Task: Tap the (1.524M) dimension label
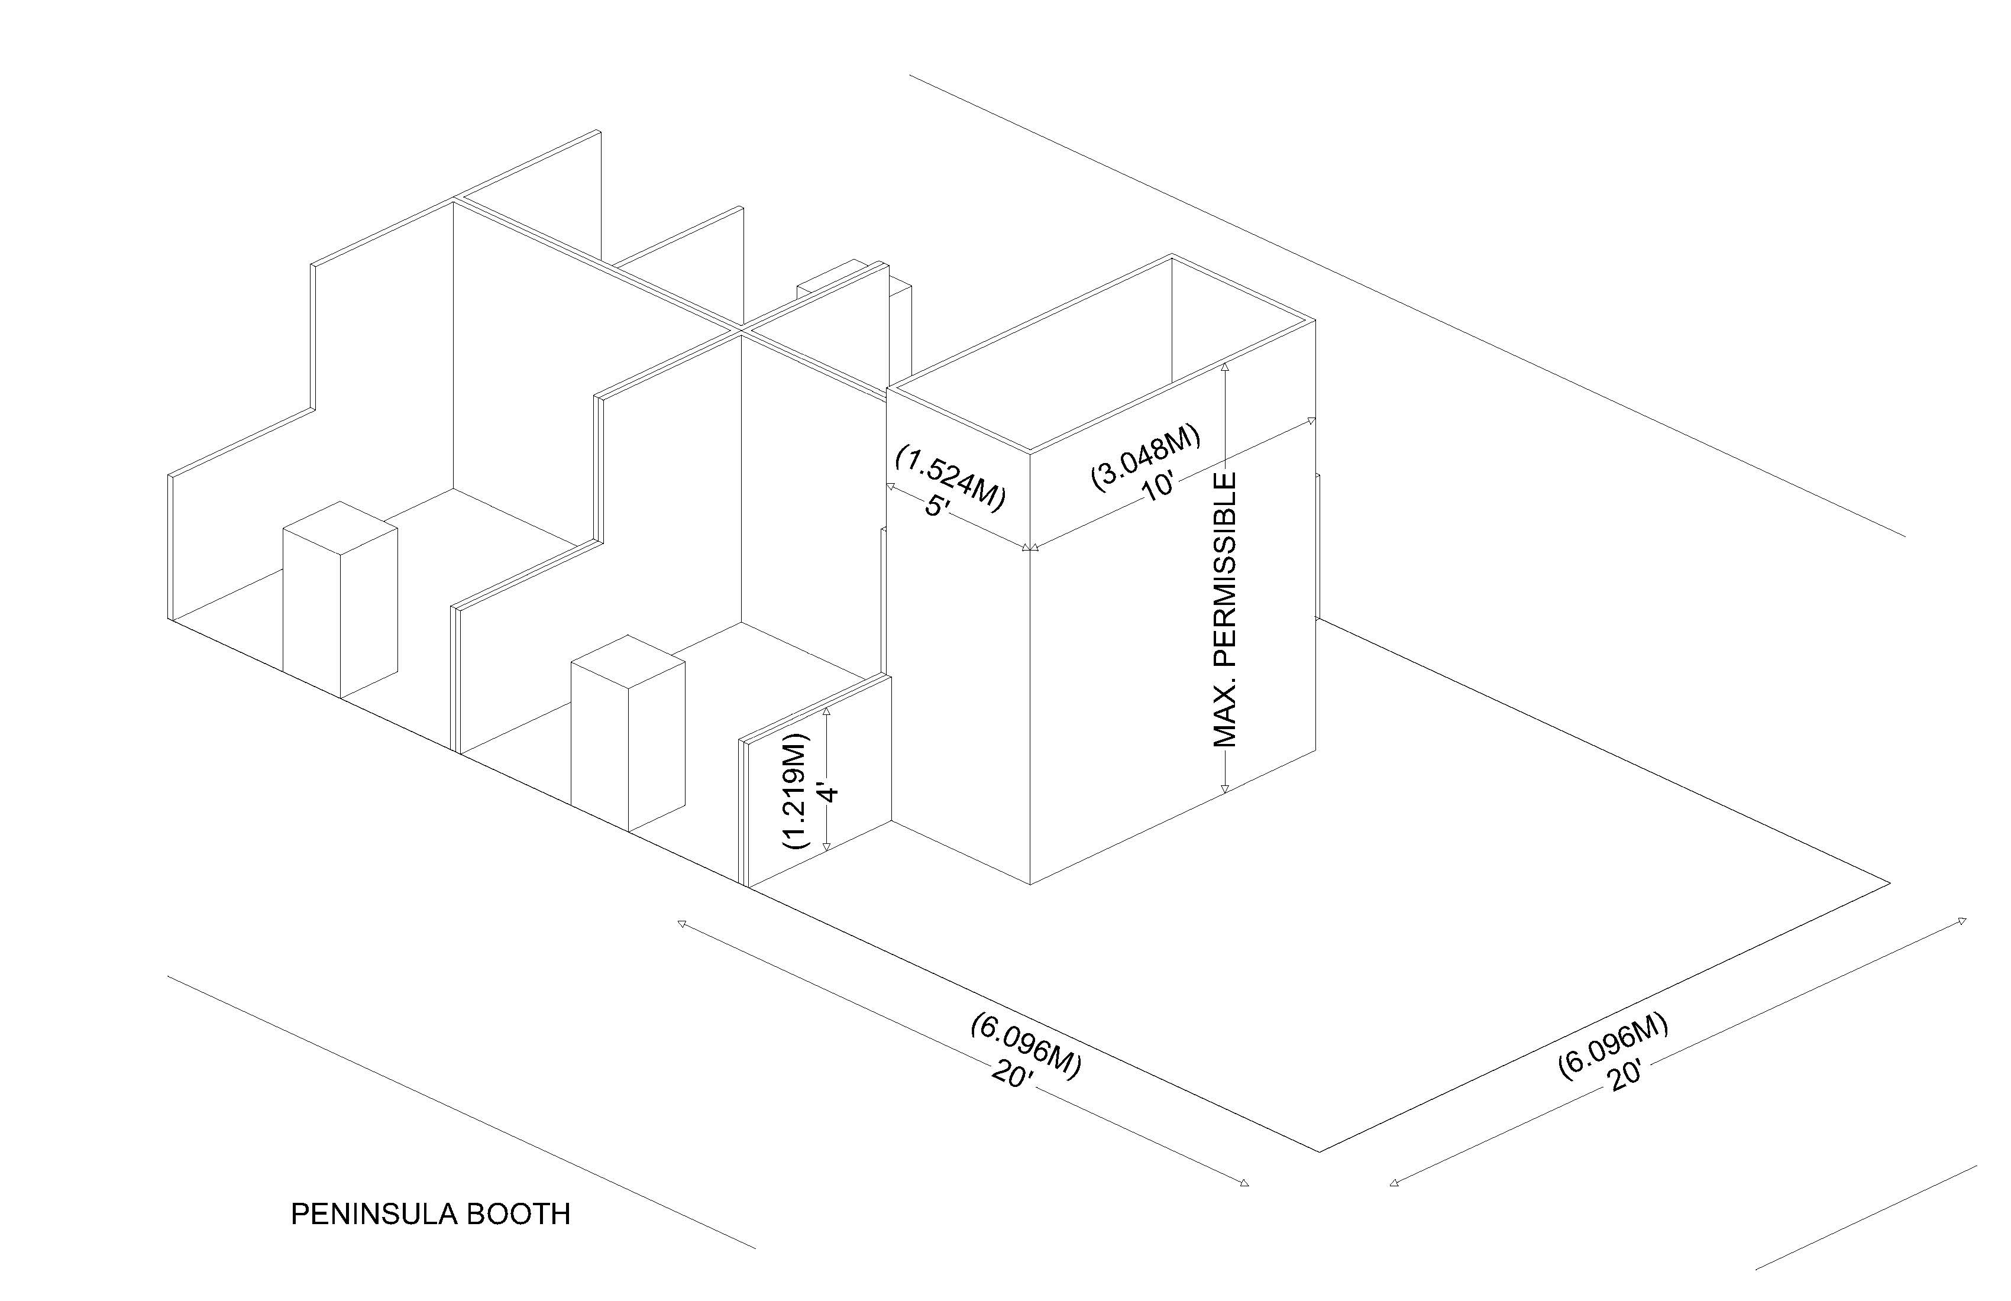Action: pos(950,478)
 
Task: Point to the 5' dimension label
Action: pos(938,507)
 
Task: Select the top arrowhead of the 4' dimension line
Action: pos(827,712)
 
